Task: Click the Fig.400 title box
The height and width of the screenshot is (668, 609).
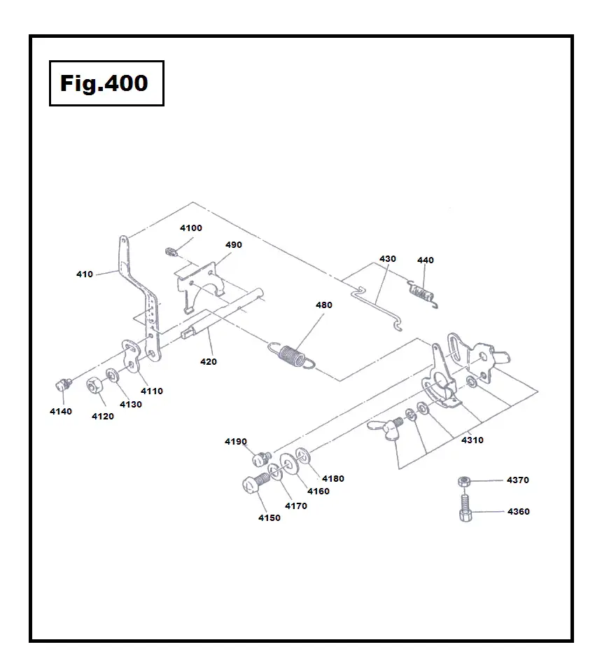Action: click(x=106, y=83)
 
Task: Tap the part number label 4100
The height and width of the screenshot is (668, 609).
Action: click(x=190, y=228)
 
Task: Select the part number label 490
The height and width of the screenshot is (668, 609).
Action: click(x=233, y=245)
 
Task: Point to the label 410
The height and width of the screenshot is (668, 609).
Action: click(x=85, y=274)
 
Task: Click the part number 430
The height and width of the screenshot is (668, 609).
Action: click(x=387, y=259)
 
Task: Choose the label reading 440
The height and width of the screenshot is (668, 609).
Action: click(x=425, y=260)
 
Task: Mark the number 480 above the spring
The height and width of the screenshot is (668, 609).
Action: click(x=323, y=305)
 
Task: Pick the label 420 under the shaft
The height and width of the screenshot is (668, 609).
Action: click(x=208, y=362)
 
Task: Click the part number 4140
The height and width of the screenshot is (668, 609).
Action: click(x=60, y=412)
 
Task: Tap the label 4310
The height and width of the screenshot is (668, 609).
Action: click(x=472, y=440)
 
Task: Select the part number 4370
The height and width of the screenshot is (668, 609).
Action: click(x=518, y=480)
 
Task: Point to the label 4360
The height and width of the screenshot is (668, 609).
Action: click(x=518, y=512)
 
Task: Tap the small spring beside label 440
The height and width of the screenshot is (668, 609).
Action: click(x=421, y=291)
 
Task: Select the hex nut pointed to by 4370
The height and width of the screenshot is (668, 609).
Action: click(x=463, y=482)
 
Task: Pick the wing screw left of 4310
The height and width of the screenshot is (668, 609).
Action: click(x=387, y=429)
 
